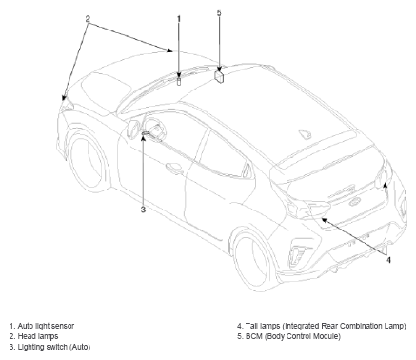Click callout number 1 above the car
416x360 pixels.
click(x=179, y=19)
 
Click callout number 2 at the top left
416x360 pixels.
click(x=88, y=19)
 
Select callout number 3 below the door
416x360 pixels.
click(x=143, y=210)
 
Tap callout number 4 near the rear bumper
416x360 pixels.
click(x=388, y=260)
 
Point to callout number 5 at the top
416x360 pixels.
click(x=219, y=12)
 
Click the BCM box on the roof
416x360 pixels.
click(x=219, y=76)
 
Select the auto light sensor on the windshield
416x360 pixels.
click(x=179, y=81)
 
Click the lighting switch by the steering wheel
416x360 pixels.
click(x=146, y=133)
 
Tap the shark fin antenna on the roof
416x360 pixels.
click(x=306, y=134)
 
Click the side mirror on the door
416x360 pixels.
click(x=132, y=129)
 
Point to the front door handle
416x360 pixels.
click(x=174, y=168)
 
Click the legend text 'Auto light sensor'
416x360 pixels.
click(x=46, y=326)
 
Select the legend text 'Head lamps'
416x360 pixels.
click(x=38, y=336)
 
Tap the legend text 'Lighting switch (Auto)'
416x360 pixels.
click(x=54, y=347)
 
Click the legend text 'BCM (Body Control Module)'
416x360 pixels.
click(x=293, y=336)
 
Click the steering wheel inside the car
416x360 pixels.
click(x=154, y=127)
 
